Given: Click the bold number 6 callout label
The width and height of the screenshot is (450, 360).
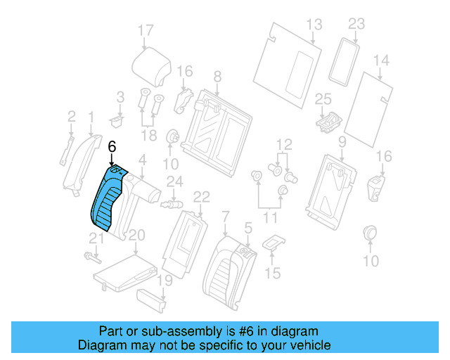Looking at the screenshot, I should [x=112, y=148].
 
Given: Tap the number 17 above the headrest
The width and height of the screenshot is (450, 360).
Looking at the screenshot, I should [x=145, y=30].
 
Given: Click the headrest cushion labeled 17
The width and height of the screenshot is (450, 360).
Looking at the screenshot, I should [x=153, y=65].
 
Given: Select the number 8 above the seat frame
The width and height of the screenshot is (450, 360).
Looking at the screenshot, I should [x=217, y=76].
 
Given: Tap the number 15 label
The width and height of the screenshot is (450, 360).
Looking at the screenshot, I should [x=271, y=272].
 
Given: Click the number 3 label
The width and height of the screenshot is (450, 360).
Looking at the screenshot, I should [x=120, y=96].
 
